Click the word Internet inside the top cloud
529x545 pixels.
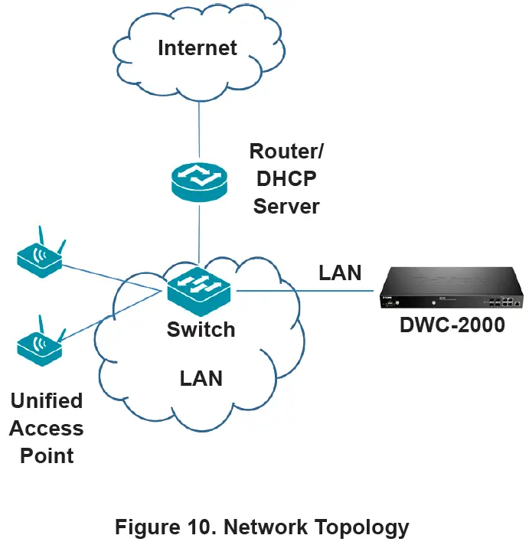198,48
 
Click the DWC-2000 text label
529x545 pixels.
452,325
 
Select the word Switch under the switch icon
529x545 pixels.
201,330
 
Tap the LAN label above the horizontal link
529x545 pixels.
340,272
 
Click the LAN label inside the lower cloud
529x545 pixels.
201,378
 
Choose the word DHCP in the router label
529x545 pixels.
286,178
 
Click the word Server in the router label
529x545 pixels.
286,205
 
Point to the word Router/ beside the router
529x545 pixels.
286,150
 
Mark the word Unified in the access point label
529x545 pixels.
46,401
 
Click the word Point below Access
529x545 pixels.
47,456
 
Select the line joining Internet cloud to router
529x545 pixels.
199,130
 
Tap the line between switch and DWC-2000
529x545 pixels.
306,291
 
